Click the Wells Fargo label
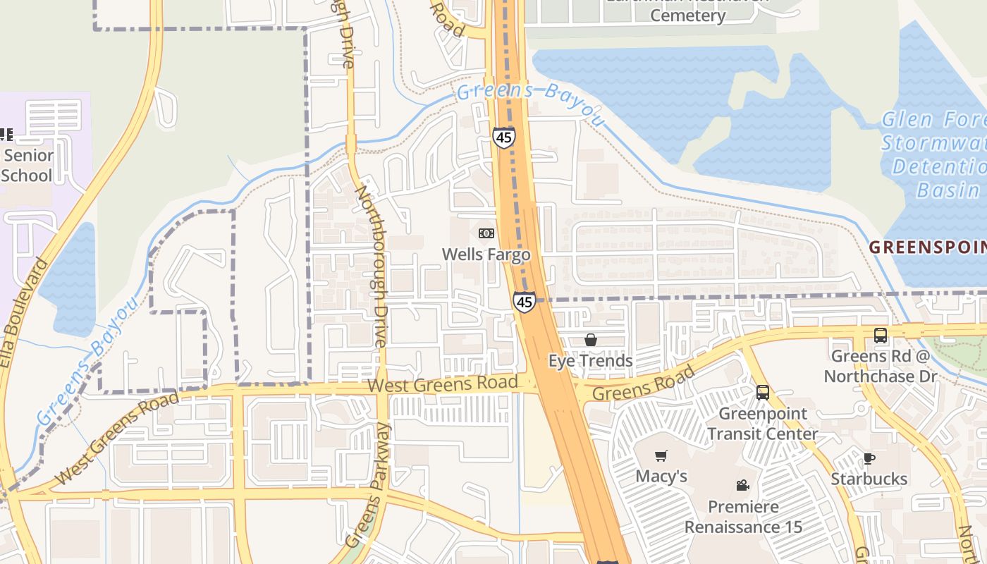pyautogui.click(x=486, y=254)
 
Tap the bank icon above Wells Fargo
pyautogui.click(x=486, y=233)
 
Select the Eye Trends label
pyautogui.click(x=591, y=361)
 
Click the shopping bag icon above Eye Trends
pyautogui.click(x=591, y=341)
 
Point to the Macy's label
pyautogui.click(x=661, y=477)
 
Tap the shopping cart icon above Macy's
pyautogui.click(x=661, y=456)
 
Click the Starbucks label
pyautogui.click(x=869, y=479)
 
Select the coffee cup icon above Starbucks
pyautogui.click(x=869, y=459)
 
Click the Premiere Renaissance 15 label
pyautogui.click(x=743, y=517)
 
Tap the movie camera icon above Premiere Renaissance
pyautogui.click(x=742, y=485)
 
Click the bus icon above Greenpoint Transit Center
pyautogui.click(x=762, y=392)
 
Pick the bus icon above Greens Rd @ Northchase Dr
pyautogui.click(x=881, y=336)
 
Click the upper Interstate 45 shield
pyautogui.click(x=503, y=137)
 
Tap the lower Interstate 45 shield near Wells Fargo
pyautogui.click(x=524, y=302)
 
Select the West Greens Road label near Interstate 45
pyautogui.click(x=443, y=385)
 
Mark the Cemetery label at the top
pyautogui.click(x=687, y=16)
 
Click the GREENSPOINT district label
pyautogui.click(x=927, y=247)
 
